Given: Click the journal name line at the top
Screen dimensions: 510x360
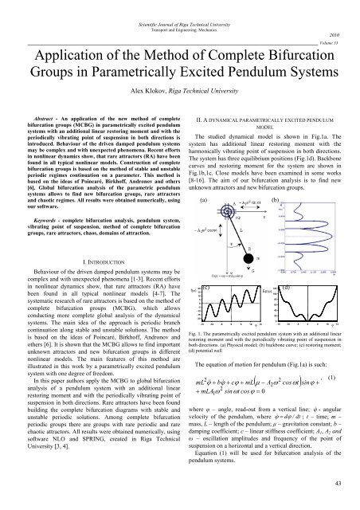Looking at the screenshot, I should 180,9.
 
